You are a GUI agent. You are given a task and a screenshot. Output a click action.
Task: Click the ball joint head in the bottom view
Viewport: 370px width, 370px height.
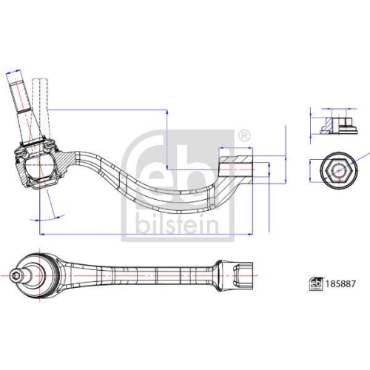[x=38, y=277]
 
